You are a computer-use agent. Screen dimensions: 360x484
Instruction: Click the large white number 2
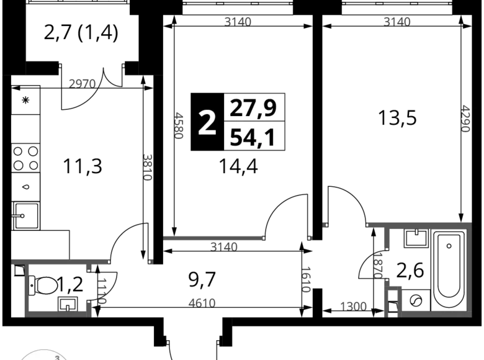(x=207, y=123)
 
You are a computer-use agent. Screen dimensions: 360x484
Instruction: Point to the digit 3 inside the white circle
(x=57, y=357)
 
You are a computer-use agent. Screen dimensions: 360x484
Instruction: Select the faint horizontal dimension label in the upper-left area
(x=83, y=82)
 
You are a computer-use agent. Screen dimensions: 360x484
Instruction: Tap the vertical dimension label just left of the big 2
(x=180, y=126)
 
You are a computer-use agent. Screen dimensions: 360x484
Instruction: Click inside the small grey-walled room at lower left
(x=59, y=286)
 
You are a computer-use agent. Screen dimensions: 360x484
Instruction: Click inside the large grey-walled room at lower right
(x=433, y=270)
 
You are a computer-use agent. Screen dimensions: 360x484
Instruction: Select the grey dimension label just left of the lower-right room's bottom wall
(x=355, y=304)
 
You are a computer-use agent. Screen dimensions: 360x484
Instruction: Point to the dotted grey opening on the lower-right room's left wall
(x=380, y=264)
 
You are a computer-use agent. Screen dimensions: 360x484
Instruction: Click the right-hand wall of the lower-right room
(x=468, y=267)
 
